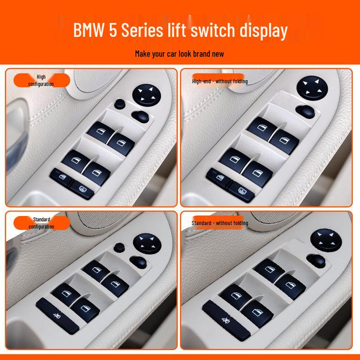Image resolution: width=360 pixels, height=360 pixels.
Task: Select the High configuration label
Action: coord(41,81)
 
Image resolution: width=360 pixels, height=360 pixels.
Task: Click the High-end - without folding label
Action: coord(220,81)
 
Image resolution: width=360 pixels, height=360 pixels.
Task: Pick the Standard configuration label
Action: coord(41,223)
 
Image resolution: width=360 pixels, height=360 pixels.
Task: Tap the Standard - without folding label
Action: coord(220,223)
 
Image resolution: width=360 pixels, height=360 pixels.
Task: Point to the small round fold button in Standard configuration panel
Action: coord(120,247)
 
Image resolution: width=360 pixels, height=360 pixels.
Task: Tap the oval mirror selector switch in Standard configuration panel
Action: coord(138,261)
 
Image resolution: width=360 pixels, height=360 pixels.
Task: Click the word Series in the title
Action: coord(144,31)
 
